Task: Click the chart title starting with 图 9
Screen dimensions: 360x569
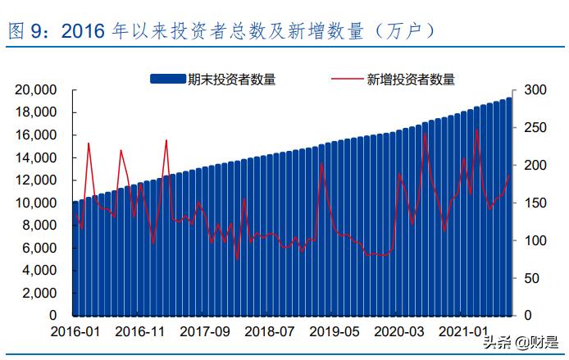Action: pyautogui.click(x=221, y=31)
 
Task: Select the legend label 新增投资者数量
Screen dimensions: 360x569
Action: pyautogui.click(x=411, y=79)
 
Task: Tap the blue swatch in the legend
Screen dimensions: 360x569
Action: pyautogui.click(x=167, y=79)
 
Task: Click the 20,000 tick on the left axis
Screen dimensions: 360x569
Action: pyautogui.click(x=36, y=89)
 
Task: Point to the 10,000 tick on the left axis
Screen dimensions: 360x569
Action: pyautogui.click(x=36, y=203)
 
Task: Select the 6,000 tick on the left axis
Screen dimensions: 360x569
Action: pyautogui.click(x=39, y=248)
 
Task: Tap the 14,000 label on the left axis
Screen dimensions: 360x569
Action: pyautogui.click(x=36, y=157)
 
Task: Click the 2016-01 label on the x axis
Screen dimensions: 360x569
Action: pyautogui.click(x=75, y=331)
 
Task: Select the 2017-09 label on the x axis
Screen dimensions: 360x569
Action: pyautogui.click(x=204, y=331)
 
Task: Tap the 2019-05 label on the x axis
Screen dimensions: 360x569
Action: pyautogui.click(x=334, y=331)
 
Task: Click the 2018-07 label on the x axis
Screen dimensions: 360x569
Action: pyautogui.click(x=269, y=331)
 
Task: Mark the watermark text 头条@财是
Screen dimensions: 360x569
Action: pyautogui.click(x=517, y=343)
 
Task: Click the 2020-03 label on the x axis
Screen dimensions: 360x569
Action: pyautogui.click(x=398, y=331)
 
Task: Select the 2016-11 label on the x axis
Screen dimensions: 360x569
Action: pyautogui.click(x=140, y=331)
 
